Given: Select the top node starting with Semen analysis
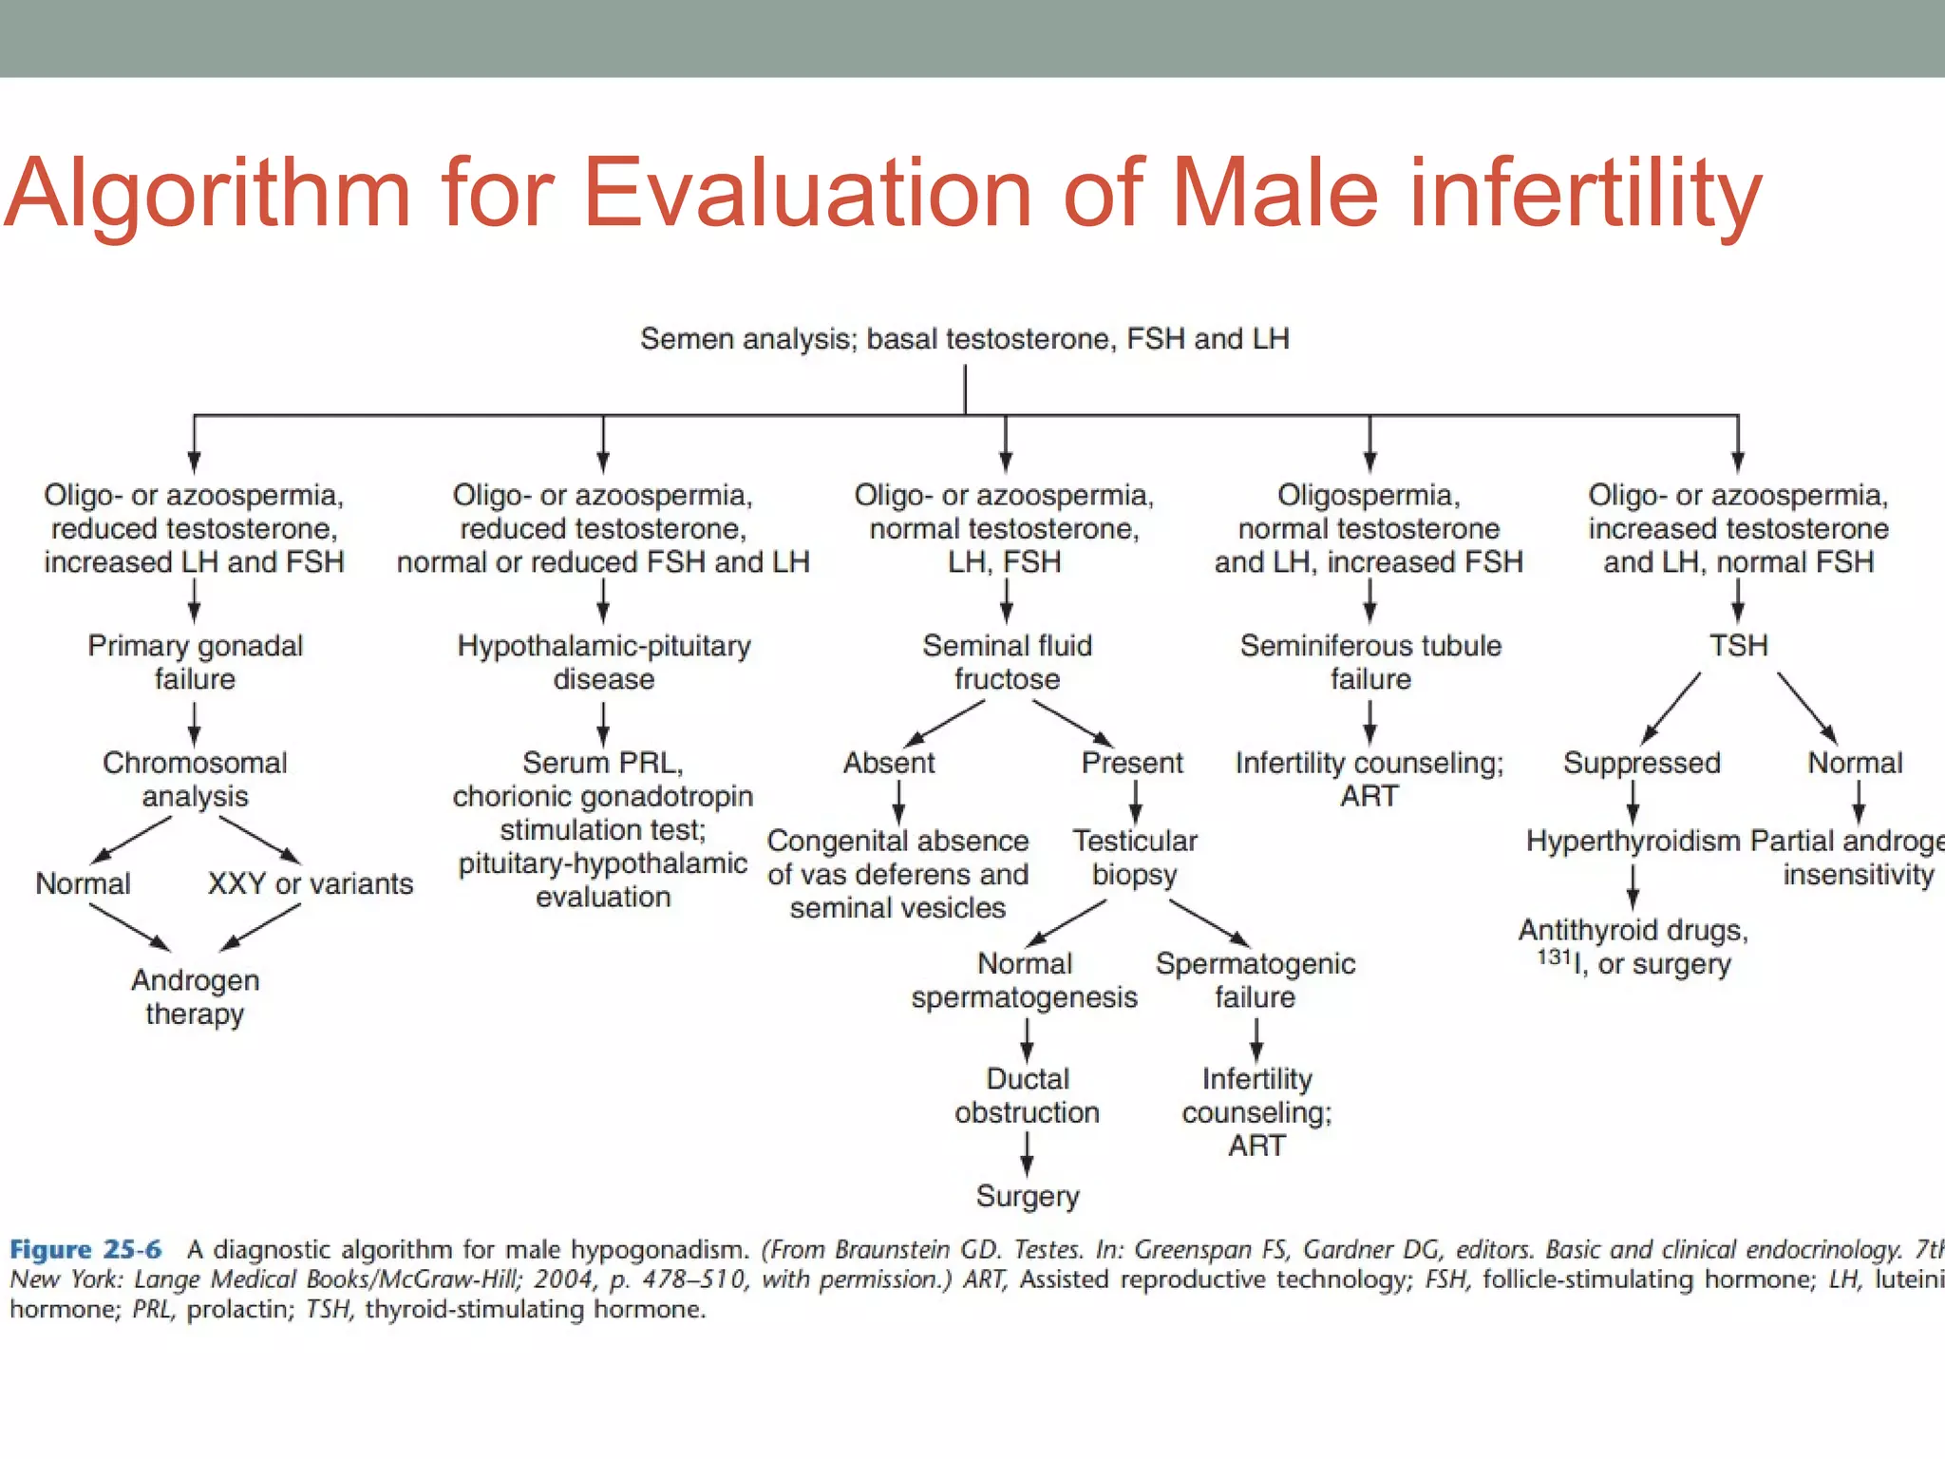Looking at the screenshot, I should tap(964, 339).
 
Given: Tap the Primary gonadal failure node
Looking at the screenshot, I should tap(195, 662).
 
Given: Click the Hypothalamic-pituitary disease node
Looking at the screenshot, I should tap(604, 662).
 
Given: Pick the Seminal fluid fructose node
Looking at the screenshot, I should tap(1007, 662).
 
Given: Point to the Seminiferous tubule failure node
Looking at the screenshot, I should tap(1370, 662).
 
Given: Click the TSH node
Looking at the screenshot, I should tap(1738, 646).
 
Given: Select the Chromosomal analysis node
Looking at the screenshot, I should tap(195, 779).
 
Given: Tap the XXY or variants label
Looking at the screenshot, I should tap(311, 883).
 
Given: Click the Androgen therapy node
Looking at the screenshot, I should tap(195, 996).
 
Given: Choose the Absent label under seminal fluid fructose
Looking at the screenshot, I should tap(889, 763).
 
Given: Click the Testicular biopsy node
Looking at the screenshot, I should tap(1135, 857).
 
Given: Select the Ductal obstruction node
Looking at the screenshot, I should tap(1027, 1095).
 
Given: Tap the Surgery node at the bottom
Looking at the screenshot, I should tap(1027, 1196).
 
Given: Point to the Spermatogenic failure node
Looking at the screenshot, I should tap(1255, 980).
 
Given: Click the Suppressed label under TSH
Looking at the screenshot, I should tap(1641, 763).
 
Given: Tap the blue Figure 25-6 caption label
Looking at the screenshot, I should tap(85, 1249).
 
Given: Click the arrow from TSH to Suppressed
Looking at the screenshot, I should tap(1671, 707).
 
